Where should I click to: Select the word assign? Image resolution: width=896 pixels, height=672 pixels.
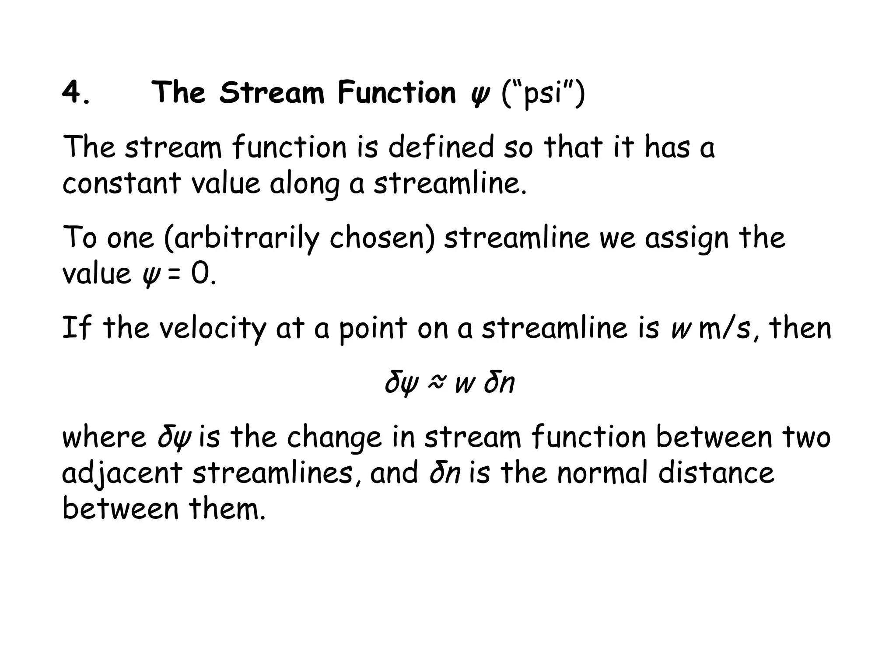[x=686, y=239]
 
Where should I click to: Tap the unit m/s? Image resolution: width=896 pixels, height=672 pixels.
[x=724, y=329]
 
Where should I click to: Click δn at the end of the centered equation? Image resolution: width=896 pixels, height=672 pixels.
[x=499, y=382]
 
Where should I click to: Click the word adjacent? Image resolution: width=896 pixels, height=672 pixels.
[x=122, y=474]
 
